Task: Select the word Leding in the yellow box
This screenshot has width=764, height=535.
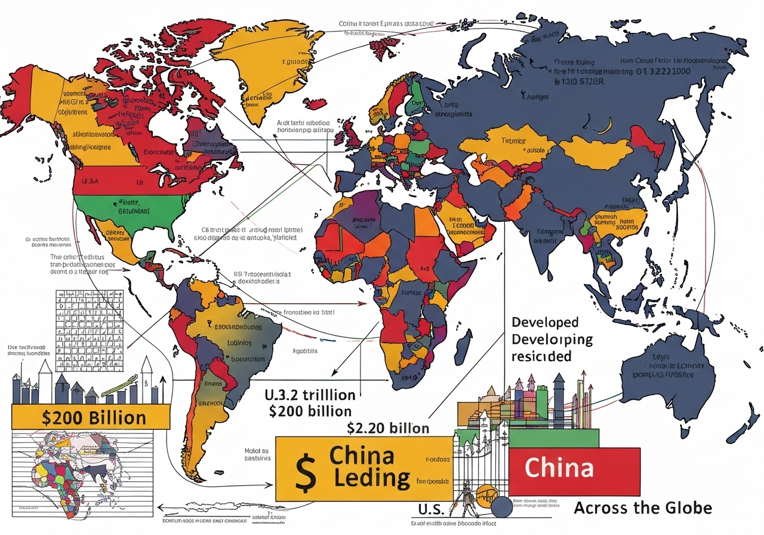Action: pos(372,478)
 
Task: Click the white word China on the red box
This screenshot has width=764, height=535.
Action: pos(559,468)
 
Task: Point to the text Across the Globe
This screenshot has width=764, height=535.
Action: pos(642,508)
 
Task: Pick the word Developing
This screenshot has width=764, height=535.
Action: pos(552,339)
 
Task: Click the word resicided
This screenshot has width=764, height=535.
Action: pos(541,356)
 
